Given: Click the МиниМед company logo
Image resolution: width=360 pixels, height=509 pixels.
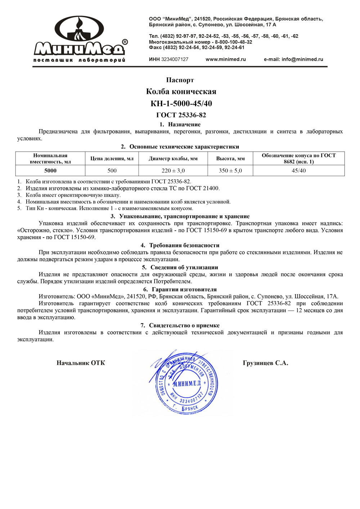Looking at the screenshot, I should (80, 40).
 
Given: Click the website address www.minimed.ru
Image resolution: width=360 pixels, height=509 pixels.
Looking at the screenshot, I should (225, 59).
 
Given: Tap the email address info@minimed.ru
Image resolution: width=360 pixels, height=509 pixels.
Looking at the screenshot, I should (302, 59).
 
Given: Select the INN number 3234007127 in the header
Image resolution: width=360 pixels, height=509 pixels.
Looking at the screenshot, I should (175, 59).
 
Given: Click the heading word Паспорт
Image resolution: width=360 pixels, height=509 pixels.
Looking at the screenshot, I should (180, 80).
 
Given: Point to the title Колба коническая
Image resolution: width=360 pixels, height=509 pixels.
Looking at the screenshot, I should (181, 91).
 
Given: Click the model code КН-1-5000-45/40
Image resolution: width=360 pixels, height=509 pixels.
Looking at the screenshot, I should (181, 104).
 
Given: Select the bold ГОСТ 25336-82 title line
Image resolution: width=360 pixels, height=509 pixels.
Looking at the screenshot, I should (181, 115).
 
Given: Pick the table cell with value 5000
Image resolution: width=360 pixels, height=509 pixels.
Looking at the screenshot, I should (50, 171).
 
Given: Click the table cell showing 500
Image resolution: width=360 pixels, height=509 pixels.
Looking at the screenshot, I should (112, 171).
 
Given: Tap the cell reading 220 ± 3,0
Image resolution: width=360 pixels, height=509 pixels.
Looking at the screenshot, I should (173, 171).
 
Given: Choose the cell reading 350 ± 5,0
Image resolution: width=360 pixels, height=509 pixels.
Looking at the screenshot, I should (230, 171).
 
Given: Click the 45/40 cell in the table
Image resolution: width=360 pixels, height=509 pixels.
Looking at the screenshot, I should (299, 171).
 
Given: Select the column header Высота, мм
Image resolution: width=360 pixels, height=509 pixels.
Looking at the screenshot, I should (230, 159).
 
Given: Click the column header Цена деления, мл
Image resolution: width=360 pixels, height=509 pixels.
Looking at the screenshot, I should (112, 159).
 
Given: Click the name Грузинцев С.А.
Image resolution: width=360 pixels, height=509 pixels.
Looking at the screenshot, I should (265, 363).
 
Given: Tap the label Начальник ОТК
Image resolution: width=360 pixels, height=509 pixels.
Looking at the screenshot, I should (81, 363).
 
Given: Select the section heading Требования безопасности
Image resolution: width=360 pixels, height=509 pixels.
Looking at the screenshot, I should (184, 246).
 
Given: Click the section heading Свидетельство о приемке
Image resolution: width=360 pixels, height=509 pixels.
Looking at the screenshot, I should (184, 325).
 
